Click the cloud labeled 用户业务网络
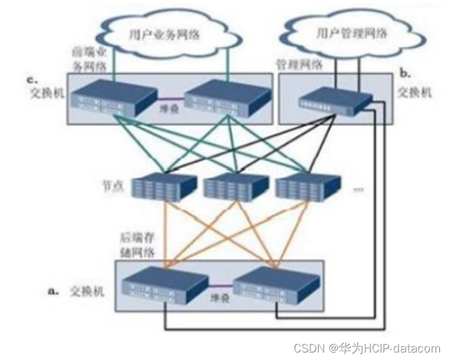pyautogui.click(x=165, y=34)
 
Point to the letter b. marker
pyautogui.click(x=405, y=74)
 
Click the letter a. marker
pyautogui.click(x=54, y=291)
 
